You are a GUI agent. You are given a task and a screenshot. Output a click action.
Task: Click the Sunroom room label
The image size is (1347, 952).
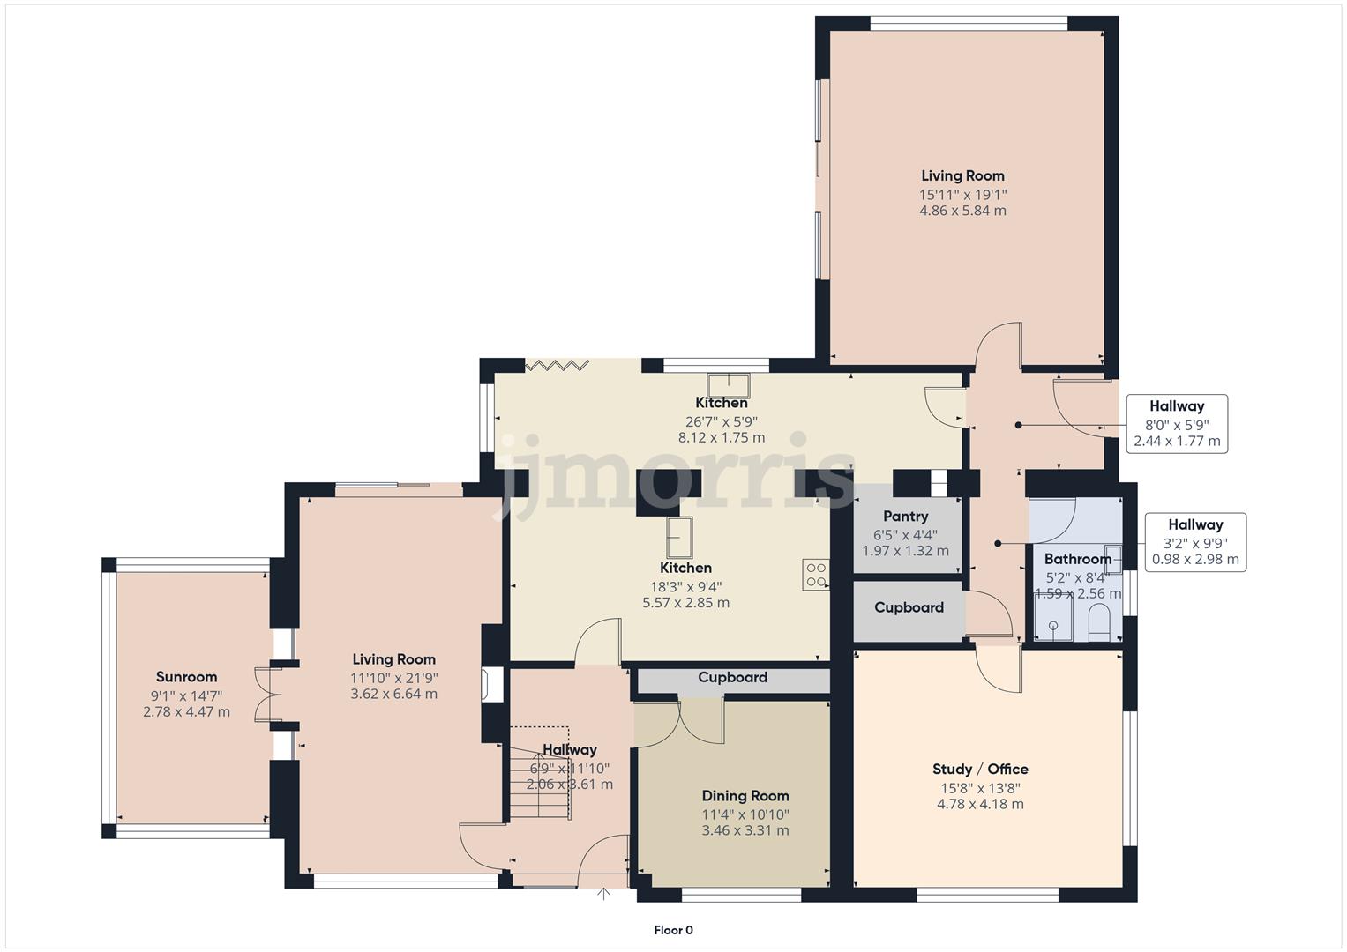(186, 677)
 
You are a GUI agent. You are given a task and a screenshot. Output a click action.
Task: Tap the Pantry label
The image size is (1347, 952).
(905, 517)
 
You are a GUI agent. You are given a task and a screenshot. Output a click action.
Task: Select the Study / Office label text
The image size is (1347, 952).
(980, 769)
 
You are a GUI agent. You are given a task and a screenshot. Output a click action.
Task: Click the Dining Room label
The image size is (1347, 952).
(745, 796)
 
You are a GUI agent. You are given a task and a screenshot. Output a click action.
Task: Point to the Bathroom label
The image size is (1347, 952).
(1077, 559)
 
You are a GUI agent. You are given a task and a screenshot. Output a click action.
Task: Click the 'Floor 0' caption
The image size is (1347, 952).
(673, 930)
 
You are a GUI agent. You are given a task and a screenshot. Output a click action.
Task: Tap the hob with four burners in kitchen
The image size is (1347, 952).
(815, 575)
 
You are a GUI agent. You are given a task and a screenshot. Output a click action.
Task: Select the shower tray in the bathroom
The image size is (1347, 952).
(1052, 616)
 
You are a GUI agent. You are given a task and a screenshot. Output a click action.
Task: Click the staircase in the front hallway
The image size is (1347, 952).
(538, 776)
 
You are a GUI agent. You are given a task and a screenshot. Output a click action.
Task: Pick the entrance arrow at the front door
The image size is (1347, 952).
(603, 894)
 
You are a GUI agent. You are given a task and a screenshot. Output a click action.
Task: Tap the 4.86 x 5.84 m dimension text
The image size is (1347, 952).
(962, 211)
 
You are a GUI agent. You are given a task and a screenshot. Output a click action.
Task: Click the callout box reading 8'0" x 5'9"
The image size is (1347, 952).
(1177, 424)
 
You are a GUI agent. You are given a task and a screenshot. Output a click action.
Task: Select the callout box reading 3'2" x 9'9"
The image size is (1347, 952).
(1195, 542)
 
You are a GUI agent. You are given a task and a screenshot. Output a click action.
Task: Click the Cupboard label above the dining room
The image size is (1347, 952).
(732, 678)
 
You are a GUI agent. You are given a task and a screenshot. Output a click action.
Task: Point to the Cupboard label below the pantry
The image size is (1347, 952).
(909, 607)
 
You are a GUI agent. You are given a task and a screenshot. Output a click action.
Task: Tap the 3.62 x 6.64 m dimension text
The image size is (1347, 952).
(393, 694)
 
